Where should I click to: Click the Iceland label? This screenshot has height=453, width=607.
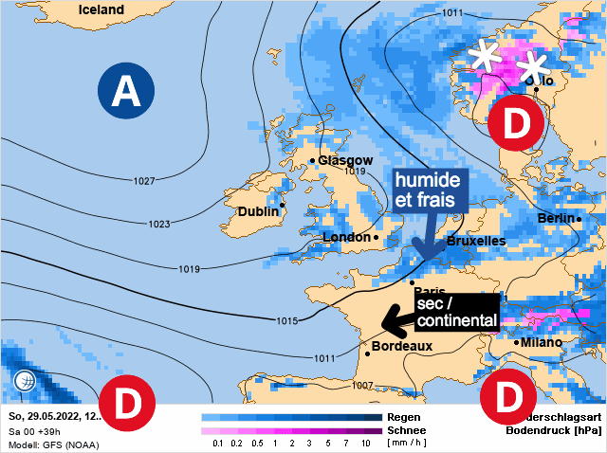coord(101,9)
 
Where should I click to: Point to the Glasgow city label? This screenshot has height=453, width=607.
coord(345,160)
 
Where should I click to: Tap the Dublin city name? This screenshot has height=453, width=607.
coord(258,211)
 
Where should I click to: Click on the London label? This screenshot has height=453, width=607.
coord(348,237)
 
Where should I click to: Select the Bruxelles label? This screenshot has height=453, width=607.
coord(476,242)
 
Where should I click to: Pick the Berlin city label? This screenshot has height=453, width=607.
coord(555,218)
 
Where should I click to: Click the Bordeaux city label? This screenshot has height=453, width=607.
coord(402,346)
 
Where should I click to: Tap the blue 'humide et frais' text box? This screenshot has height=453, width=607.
coord(427,190)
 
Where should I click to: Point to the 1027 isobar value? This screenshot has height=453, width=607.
coord(144,181)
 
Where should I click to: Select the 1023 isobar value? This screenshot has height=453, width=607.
coord(159,225)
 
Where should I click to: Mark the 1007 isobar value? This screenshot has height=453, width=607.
coord(362,386)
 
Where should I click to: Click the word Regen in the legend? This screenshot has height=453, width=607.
coord(404,417)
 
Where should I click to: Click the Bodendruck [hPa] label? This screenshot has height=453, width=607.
coord(561,431)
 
